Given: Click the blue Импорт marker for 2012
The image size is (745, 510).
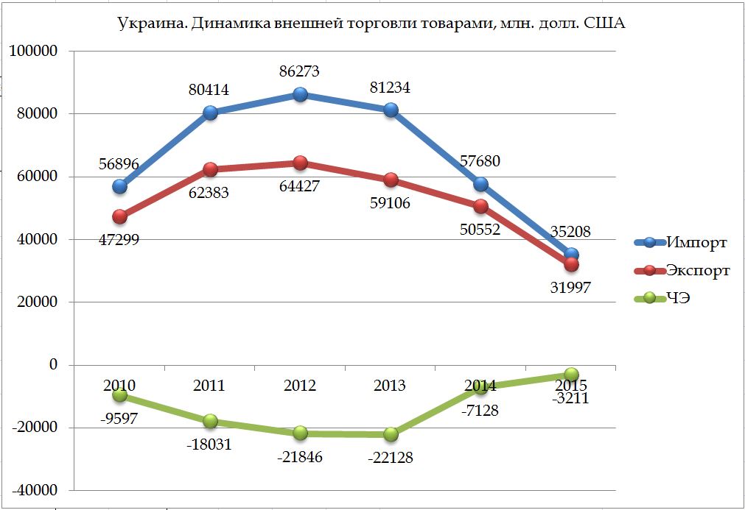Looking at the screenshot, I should click(x=300, y=94).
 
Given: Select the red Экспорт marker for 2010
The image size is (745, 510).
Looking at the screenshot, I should click(x=119, y=216).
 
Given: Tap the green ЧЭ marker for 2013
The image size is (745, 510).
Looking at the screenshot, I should click(x=391, y=434).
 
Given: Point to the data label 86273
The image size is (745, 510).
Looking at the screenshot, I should click(x=300, y=72).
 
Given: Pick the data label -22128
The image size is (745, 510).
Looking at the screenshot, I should click(x=390, y=458).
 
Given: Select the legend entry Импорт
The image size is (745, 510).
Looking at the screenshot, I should click(x=696, y=242).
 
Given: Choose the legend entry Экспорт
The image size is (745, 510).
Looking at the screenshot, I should click(x=698, y=270).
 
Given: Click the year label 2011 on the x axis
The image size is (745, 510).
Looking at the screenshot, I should click(x=209, y=385).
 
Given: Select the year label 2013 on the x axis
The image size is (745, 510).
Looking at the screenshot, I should click(x=391, y=385).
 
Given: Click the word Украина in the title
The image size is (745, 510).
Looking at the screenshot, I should click(x=151, y=24).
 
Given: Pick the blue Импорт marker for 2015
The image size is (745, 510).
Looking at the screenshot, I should click(x=571, y=255).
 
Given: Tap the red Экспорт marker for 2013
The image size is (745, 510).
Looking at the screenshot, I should click(x=391, y=180).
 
